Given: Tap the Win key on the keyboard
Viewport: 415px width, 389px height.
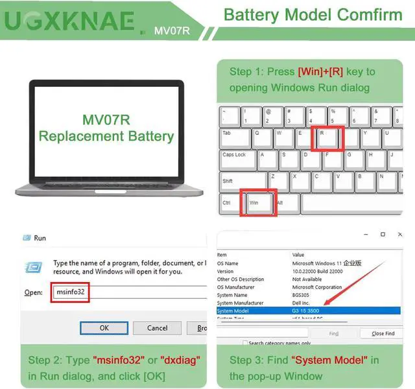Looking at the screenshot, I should (257, 204).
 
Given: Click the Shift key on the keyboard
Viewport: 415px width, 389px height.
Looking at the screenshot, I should (243, 182).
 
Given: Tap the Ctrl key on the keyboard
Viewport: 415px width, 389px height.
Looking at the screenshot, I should (229, 204).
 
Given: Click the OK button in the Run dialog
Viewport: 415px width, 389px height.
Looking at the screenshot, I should (104, 327).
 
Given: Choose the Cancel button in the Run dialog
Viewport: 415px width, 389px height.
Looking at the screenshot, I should (158, 327).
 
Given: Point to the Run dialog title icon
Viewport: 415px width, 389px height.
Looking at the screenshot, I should (27, 238).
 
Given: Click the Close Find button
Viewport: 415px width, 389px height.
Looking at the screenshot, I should (383, 333).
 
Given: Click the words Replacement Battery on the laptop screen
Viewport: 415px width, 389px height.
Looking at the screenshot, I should (106, 136).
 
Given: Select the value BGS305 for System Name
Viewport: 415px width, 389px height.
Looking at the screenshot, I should (302, 295).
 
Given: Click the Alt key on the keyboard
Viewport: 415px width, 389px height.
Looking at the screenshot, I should (281, 204).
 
